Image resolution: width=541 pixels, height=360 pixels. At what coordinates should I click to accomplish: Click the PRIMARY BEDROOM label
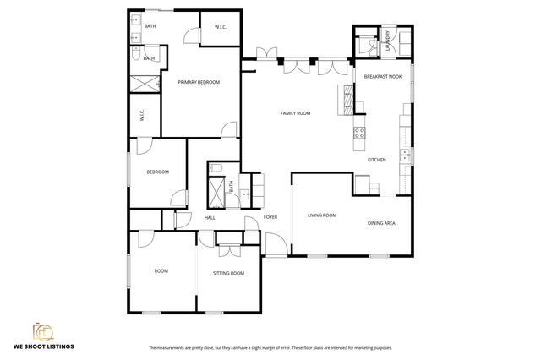[199, 82]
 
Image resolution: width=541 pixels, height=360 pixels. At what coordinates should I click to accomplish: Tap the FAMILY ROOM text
[296, 112]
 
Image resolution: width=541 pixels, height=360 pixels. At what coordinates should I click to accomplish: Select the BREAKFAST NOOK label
[382, 76]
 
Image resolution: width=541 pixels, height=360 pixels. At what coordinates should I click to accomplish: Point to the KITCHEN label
[376, 159]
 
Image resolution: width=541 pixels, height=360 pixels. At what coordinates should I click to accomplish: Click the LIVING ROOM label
[321, 215]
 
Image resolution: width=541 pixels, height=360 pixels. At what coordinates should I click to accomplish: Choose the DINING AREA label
[382, 223]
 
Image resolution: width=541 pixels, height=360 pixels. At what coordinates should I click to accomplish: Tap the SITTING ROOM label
[228, 273]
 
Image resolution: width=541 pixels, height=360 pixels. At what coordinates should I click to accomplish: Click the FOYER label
[270, 217]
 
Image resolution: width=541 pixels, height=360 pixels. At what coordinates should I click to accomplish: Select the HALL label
[210, 217]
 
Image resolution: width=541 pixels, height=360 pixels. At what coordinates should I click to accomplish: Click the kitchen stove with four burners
[358, 132]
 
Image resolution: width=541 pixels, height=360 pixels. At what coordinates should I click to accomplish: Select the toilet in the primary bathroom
[136, 53]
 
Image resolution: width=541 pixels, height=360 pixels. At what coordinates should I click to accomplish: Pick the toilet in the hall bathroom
[216, 167]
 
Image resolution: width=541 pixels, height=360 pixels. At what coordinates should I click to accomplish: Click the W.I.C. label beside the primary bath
[221, 27]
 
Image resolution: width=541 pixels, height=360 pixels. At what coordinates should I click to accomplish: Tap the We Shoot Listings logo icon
[42, 331]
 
